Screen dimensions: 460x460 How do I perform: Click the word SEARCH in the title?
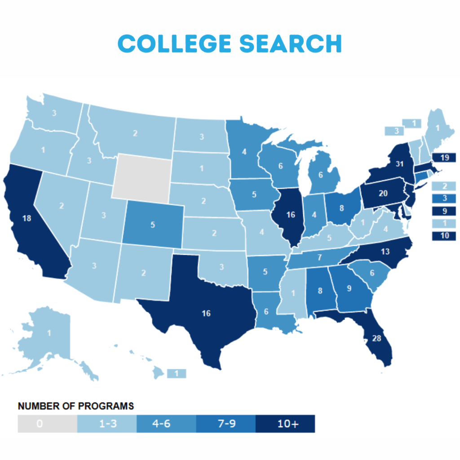291,43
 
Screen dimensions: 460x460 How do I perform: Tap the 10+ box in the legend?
285,424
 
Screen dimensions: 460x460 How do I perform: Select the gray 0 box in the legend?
47,424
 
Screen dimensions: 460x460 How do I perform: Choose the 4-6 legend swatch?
166,424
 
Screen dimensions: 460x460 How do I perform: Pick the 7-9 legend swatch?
226,424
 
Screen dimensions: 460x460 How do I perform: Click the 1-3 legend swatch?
106,424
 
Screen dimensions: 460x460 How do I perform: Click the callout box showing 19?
443,158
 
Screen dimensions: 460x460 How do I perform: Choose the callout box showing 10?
443,236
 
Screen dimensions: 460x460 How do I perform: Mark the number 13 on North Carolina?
385,252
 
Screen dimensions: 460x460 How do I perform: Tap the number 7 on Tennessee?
319,257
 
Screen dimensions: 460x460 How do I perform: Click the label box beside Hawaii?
176,374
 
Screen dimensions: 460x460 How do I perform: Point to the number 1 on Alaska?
49,333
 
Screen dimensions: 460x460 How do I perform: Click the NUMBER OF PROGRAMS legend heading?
75,406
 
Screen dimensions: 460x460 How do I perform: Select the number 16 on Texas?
206,313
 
